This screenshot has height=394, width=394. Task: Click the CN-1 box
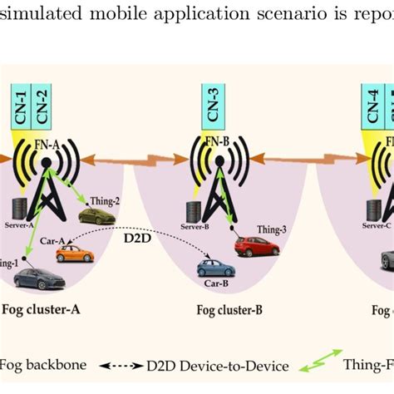coord(22,105)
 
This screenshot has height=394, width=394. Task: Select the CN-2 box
coord(42,105)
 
